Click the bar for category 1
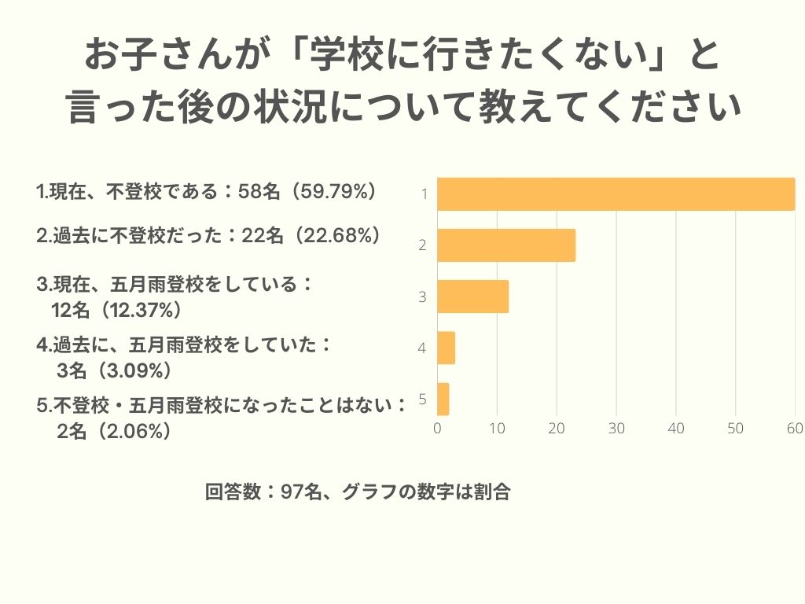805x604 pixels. (616, 194)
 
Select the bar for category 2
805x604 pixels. (506, 245)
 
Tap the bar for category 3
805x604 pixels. (472, 296)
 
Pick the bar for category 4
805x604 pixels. (446, 348)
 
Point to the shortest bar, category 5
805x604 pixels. (443, 399)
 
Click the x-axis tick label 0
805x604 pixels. (437, 429)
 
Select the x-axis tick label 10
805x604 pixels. (497, 429)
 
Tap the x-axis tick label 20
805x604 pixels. (557, 429)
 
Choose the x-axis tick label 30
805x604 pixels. (616, 429)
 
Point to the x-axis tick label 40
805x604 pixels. (676, 429)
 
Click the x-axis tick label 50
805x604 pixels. (735, 429)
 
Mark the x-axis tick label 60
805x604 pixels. (795, 429)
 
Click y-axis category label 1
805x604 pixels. (423, 194)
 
